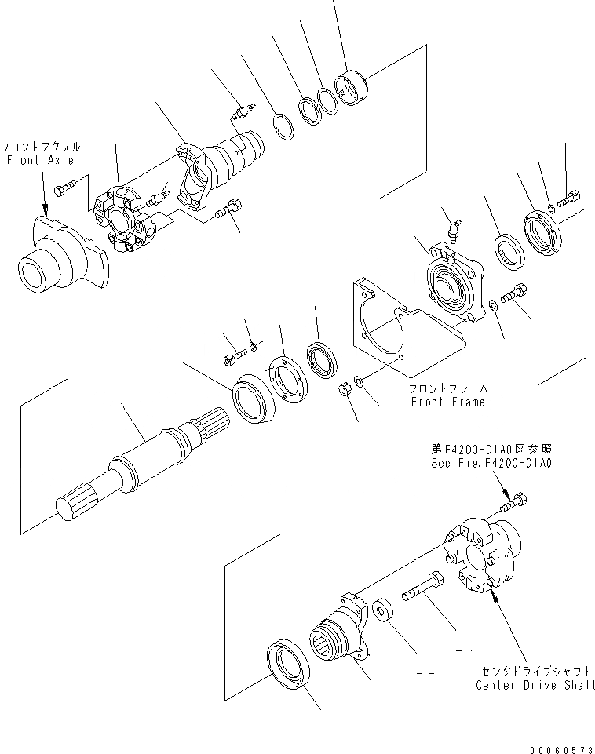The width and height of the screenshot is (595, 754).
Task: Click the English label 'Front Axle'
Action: [x=40, y=160]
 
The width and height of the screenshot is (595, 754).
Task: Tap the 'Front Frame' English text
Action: [x=447, y=402]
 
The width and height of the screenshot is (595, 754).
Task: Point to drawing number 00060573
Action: [x=558, y=745]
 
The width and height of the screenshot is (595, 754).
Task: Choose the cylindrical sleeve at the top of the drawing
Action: [x=352, y=86]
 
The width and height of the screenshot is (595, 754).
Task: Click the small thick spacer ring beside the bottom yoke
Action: [x=385, y=611]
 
